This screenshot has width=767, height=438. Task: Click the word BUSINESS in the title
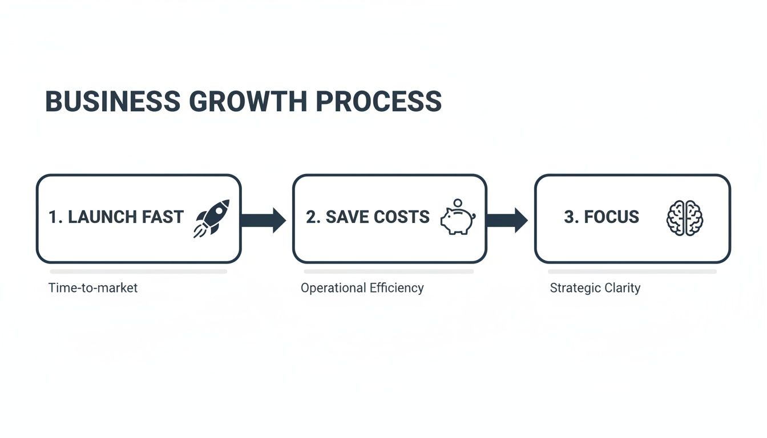[112, 102]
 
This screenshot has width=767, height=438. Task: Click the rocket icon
[212, 218]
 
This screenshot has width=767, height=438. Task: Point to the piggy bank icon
[458, 221]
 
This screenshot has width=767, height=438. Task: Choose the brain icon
[685, 218]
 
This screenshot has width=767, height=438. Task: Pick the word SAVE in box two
[348, 217]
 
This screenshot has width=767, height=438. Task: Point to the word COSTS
[402, 217]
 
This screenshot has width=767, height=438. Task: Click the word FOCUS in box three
[611, 217]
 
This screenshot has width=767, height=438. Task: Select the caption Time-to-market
[93, 288]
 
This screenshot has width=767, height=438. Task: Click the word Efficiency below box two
[397, 288]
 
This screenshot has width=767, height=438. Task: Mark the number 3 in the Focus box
[568, 217]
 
